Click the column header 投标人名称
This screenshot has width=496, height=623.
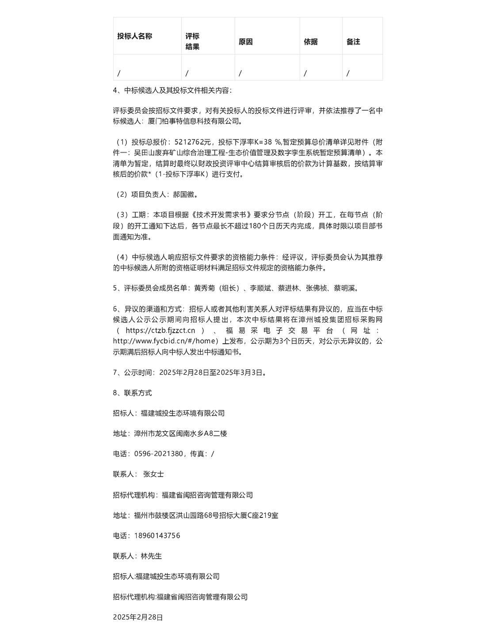pyautogui.click(x=134, y=36)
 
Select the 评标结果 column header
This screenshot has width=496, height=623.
pyautogui.click(x=192, y=41)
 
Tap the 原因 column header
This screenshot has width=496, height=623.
pyautogui.click(x=245, y=42)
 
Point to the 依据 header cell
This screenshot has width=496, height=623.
pyautogui.click(x=310, y=42)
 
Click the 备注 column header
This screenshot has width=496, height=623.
pyautogui.click(x=353, y=42)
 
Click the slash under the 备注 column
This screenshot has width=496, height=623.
pyautogui.click(x=348, y=73)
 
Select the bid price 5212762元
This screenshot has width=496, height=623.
pyautogui.click(x=193, y=142)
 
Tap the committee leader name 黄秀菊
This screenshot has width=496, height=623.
pyautogui.click(x=205, y=288)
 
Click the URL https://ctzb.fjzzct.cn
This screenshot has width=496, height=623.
pyautogui.click(x=160, y=330)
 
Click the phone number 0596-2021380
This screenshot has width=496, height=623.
pyautogui.click(x=158, y=454)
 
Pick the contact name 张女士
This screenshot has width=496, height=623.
pyautogui.click(x=153, y=474)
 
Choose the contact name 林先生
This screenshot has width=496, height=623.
pyautogui.click(x=151, y=556)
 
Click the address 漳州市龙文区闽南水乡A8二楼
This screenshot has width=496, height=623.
pyautogui.click(x=180, y=433)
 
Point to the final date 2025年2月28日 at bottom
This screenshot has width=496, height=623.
pyautogui.click(x=138, y=617)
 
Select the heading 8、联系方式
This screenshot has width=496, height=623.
pyautogui.click(x=132, y=393)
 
